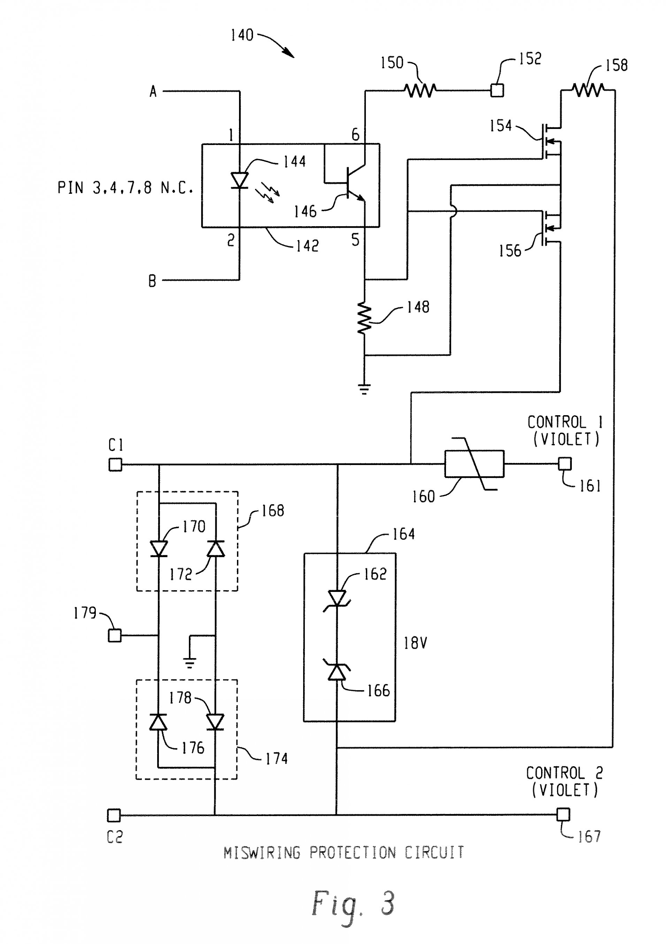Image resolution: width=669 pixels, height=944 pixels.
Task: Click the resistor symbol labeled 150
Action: click(420, 90)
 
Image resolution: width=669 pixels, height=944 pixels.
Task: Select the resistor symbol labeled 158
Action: click(588, 89)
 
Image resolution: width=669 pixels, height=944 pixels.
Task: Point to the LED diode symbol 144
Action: click(239, 181)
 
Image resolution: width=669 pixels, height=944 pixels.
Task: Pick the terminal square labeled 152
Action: click(497, 90)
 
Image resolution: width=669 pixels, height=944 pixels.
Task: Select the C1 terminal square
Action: click(115, 464)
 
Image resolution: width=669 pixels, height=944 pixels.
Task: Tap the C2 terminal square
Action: click(114, 815)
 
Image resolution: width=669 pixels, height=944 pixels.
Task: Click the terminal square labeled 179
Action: click(115, 635)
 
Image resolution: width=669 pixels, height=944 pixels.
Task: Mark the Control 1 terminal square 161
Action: click(565, 464)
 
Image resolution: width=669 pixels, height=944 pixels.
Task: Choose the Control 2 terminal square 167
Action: click(563, 814)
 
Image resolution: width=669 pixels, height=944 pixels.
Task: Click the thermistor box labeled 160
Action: click(474, 464)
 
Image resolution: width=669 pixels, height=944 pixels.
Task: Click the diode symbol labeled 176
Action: click(158, 722)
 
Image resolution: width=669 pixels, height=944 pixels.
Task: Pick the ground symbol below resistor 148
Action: click(364, 389)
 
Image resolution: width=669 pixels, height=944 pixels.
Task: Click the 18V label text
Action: click(415, 643)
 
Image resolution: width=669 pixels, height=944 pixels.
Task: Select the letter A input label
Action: click(153, 91)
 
